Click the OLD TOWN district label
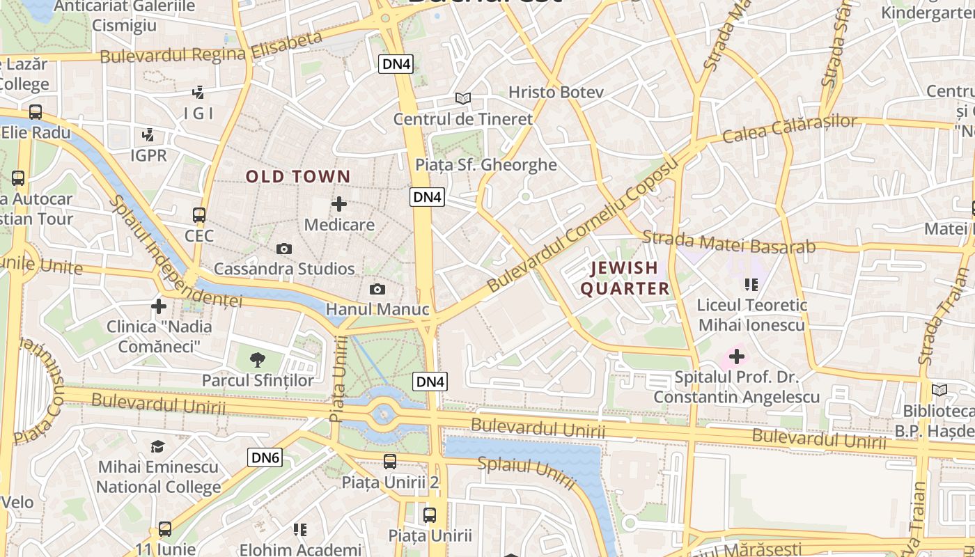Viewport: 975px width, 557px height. [x=298, y=177]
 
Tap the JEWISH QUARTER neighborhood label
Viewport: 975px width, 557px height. [x=625, y=278]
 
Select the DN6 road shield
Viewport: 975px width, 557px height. [x=265, y=457]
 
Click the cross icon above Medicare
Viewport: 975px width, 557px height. [x=339, y=204]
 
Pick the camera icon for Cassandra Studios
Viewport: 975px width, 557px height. [x=283, y=249]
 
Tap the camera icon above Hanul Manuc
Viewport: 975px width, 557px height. [x=377, y=289]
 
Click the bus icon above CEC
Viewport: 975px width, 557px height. [x=199, y=215]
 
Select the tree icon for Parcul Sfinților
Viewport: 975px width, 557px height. [x=258, y=360]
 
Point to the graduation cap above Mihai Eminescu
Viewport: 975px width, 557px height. [x=159, y=446]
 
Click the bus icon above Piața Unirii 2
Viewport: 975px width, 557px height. [x=390, y=461]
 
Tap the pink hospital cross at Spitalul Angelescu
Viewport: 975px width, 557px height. [x=736, y=357]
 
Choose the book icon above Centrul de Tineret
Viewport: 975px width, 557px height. [x=463, y=99]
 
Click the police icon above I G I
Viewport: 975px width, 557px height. [x=198, y=92]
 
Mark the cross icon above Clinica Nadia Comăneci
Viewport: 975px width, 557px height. [x=159, y=306]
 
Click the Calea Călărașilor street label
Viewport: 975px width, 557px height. [x=790, y=128]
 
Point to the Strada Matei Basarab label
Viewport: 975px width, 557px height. [x=728, y=242]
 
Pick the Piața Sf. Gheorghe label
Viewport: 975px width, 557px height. [x=486, y=165]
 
